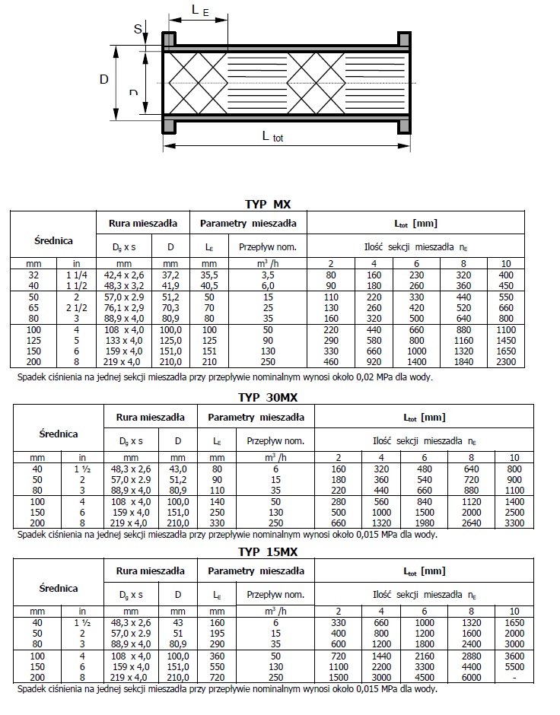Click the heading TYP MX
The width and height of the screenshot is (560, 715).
click(268, 204)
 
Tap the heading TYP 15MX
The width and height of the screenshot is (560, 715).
click(268, 550)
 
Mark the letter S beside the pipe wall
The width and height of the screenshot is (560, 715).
click(138, 29)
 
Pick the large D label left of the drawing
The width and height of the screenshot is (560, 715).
click(104, 79)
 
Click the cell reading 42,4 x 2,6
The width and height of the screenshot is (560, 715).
click(123, 274)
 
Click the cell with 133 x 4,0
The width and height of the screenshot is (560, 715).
click(123, 341)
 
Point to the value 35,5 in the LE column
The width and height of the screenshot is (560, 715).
click(209, 274)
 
